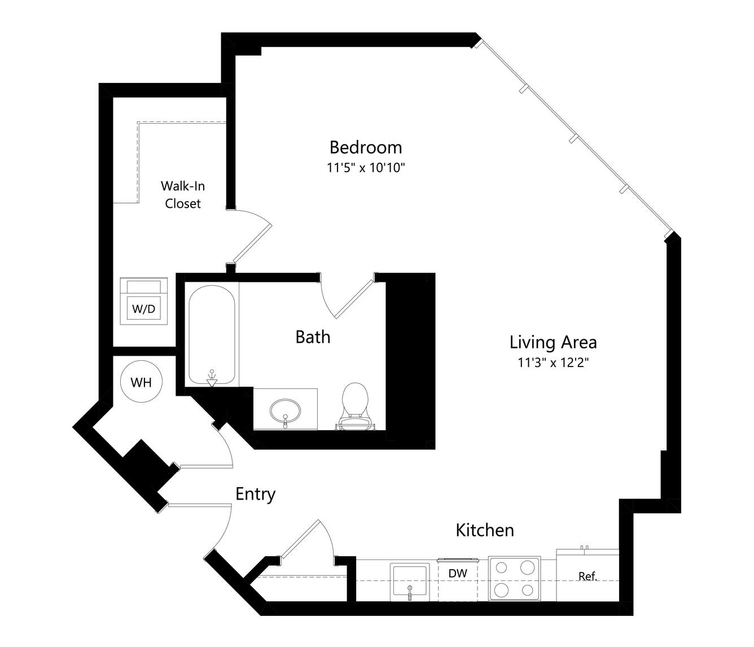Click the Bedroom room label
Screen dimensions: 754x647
366,147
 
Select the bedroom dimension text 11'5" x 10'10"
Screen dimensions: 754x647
366,168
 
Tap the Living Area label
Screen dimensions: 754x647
553,342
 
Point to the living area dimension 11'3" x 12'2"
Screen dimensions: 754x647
553,362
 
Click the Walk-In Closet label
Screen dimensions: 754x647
183,195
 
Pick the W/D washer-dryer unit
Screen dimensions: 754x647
144,301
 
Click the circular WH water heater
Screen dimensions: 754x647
141,382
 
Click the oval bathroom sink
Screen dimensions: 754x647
285,412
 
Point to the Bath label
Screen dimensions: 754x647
313,337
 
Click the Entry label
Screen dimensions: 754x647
255,495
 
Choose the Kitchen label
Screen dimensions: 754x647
485,530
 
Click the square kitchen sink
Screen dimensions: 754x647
410,582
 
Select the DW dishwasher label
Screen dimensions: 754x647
458,573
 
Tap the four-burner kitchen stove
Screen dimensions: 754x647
514,578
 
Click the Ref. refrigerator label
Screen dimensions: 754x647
588,576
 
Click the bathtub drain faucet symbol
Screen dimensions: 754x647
212,379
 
